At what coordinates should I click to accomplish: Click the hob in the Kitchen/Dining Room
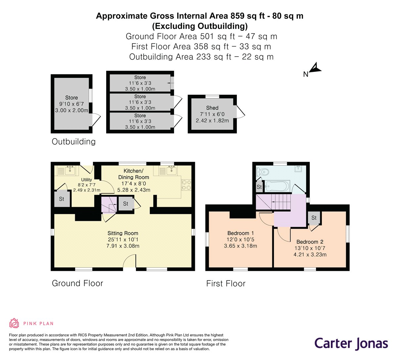187,185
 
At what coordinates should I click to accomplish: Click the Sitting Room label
123,233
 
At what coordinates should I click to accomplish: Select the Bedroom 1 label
241,233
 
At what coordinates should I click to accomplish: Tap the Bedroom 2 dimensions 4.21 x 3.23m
310,255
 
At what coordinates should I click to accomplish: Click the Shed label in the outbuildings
212,108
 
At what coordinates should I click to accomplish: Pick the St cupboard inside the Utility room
62,199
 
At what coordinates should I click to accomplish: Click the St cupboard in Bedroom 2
314,218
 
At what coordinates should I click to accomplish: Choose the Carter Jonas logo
351,343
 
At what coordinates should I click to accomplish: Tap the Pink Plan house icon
14,323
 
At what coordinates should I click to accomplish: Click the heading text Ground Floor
77,283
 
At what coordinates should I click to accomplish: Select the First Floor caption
226,283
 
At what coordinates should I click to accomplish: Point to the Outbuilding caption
73,142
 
